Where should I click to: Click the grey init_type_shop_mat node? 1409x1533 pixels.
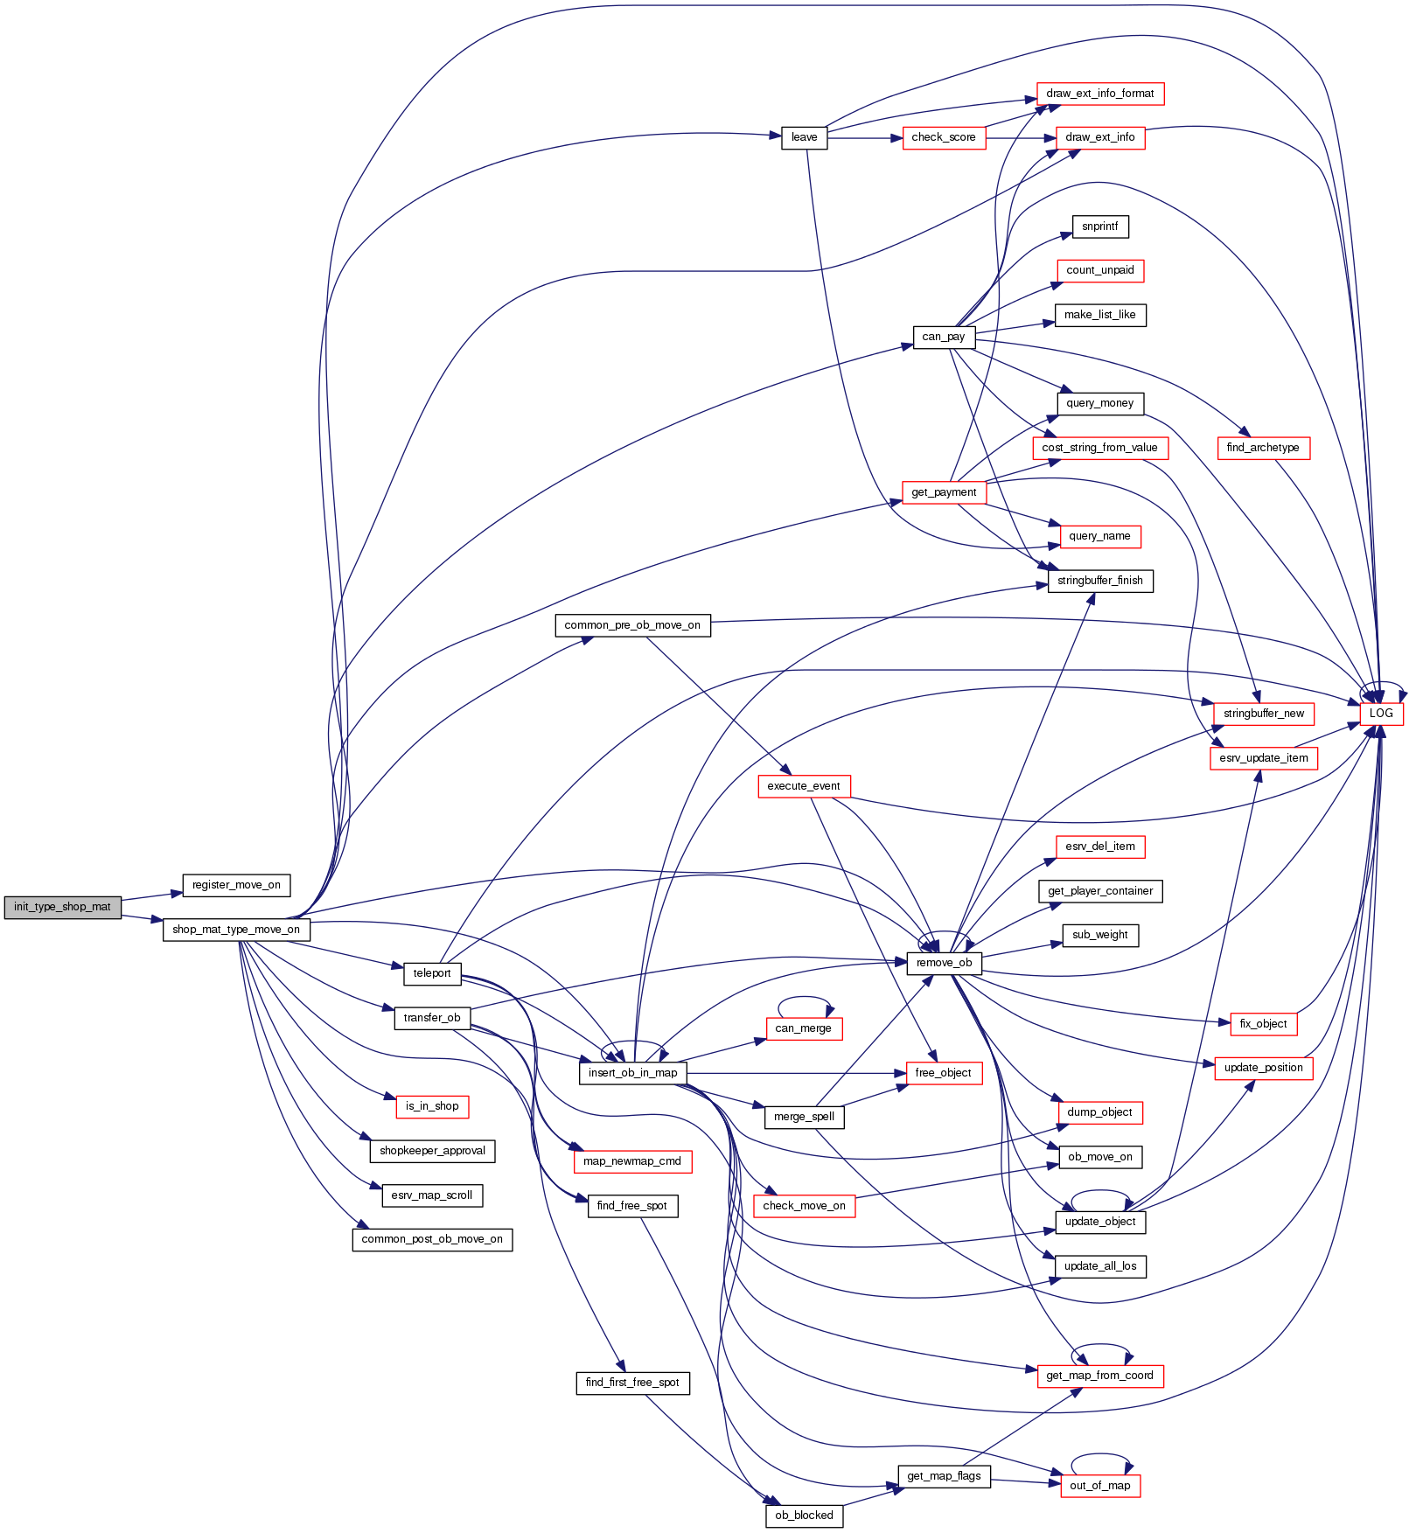point(62,907)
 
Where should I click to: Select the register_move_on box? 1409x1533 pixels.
point(236,885)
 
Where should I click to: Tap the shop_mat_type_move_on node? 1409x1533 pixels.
point(236,930)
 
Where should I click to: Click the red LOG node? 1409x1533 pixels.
point(1381,714)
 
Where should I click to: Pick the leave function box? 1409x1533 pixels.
point(804,137)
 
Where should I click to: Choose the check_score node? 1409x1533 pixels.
point(943,137)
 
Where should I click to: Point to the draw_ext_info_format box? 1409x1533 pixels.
point(1099,94)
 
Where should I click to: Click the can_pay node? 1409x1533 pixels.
point(943,337)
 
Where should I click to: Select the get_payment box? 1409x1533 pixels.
point(943,492)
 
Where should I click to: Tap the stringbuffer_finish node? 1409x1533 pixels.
point(1099,581)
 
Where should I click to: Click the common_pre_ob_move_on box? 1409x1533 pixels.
point(631,625)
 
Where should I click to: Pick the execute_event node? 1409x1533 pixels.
point(803,786)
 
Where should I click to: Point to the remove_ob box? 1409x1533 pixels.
point(944,963)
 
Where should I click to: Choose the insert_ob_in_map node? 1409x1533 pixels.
point(632,1073)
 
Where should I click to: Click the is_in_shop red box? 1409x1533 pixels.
point(432,1106)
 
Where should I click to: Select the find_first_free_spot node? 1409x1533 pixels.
point(631,1383)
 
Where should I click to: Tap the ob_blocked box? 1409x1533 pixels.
point(804,1516)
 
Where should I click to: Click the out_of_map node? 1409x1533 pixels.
point(1099,1485)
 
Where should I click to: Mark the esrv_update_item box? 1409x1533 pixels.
point(1263,758)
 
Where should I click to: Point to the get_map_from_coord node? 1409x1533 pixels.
point(1099,1376)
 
